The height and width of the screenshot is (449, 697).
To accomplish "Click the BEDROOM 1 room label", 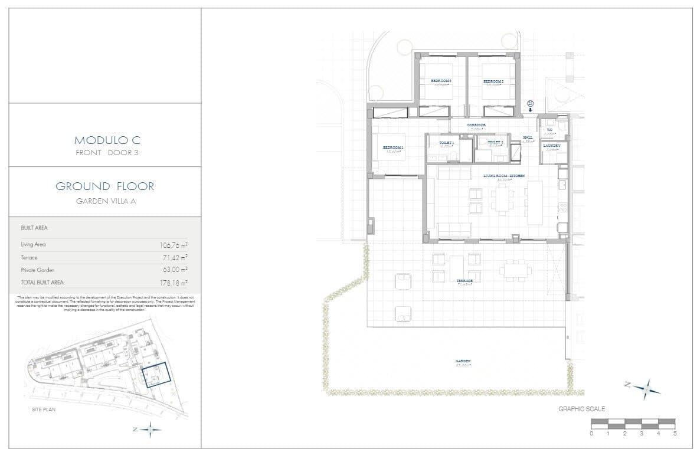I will click(x=393, y=148).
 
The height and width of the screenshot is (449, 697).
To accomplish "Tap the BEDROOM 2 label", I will click(x=493, y=81).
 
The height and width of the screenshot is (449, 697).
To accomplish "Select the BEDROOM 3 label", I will click(x=441, y=81).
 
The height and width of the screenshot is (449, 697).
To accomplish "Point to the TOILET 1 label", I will click(x=446, y=143).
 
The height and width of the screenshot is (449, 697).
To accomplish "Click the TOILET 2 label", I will click(x=495, y=143).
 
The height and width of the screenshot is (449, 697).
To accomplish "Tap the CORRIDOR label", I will click(x=476, y=125).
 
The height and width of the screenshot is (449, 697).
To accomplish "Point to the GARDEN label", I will click(x=462, y=361).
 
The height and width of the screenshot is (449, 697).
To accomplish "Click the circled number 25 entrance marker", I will click(x=530, y=104).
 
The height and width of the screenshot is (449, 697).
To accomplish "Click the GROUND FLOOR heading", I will click(x=105, y=186).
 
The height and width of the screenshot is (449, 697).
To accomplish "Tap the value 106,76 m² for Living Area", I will click(x=174, y=244).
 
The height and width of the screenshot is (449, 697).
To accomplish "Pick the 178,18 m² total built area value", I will click(x=174, y=283).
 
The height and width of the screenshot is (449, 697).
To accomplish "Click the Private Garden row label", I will click(x=38, y=270).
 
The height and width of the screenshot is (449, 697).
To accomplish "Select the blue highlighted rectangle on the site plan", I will click(x=155, y=375).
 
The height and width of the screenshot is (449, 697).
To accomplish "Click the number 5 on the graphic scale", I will click(x=675, y=433).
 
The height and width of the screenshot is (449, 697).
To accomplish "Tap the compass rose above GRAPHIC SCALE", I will click(x=647, y=388).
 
